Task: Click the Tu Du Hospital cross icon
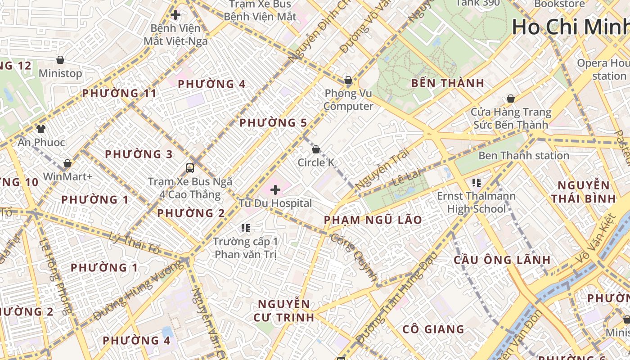[275, 190]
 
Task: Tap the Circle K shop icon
[316, 149]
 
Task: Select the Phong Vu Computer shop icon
[348, 81]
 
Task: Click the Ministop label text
[60, 73]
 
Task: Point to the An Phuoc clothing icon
[41, 129]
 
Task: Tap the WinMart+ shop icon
[67, 163]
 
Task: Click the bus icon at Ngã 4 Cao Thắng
[190, 168]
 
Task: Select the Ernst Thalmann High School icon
[477, 183]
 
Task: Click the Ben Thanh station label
[523, 156]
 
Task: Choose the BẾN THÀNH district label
[447, 83]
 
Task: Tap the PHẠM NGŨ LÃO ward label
[373, 220]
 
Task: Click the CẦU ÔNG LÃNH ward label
[502, 260]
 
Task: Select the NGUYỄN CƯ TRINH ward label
[284, 310]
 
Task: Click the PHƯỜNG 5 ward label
[273, 123]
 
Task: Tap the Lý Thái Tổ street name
[135, 243]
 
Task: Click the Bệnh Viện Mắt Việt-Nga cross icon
[175, 15]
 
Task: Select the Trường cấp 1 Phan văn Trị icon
[245, 228]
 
